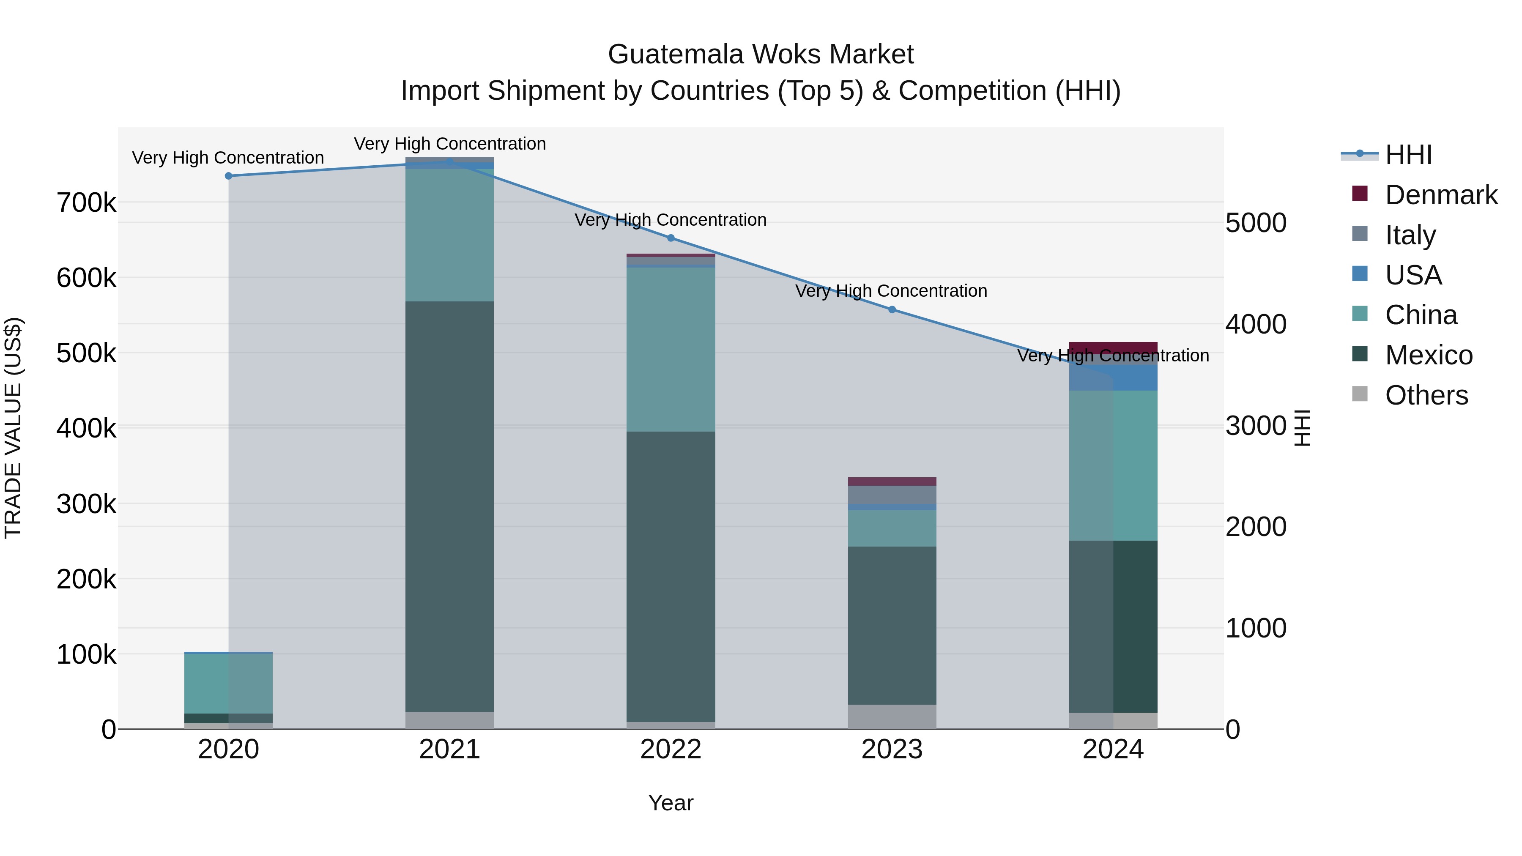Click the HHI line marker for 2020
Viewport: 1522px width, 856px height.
coord(229,176)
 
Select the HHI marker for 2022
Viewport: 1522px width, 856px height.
coord(671,238)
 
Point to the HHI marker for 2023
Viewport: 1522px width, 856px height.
coord(892,309)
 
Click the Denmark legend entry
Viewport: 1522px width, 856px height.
coord(1440,195)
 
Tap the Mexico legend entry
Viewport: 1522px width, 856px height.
coord(1429,355)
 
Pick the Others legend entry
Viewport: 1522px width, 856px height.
coord(1426,395)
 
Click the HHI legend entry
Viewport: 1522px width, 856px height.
coord(1409,155)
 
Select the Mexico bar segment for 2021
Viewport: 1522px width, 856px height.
coord(450,506)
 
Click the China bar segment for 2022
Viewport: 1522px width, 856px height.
coord(671,349)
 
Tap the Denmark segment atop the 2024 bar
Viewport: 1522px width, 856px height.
coord(1113,347)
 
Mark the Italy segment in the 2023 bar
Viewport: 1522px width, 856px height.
coord(892,495)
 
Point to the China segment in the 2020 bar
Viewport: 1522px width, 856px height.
coord(229,684)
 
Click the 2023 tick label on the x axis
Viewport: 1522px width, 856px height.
coord(892,749)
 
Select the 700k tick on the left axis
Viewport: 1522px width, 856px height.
coord(86,203)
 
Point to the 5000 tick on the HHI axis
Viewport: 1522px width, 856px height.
coord(1256,223)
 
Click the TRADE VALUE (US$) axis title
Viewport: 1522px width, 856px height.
coord(13,428)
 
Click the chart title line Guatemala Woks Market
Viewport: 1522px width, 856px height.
coord(761,55)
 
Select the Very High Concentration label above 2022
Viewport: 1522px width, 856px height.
coord(671,220)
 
